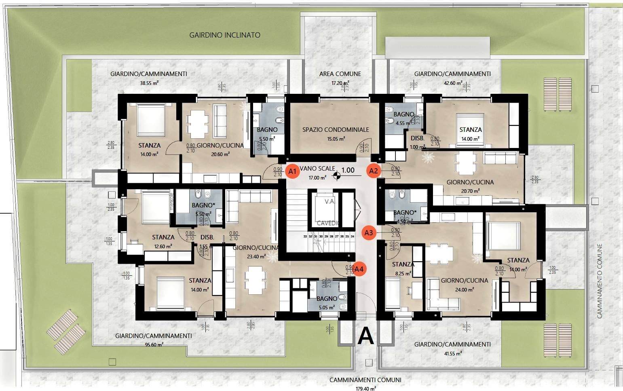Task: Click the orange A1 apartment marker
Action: tap(292, 171)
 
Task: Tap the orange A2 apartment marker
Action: tap(374, 171)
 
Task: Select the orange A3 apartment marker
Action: tap(368, 232)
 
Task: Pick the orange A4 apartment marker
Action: tap(359, 269)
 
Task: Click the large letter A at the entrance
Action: tap(366, 335)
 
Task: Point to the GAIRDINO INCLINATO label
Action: tap(225, 35)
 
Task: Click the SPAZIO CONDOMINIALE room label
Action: tap(336, 130)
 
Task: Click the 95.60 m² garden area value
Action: tap(153, 344)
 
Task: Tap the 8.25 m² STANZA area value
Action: tap(403, 273)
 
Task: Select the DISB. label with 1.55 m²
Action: tap(207, 237)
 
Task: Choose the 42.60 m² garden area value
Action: tap(452, 83)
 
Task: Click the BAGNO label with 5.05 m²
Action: tap(327, 299)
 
